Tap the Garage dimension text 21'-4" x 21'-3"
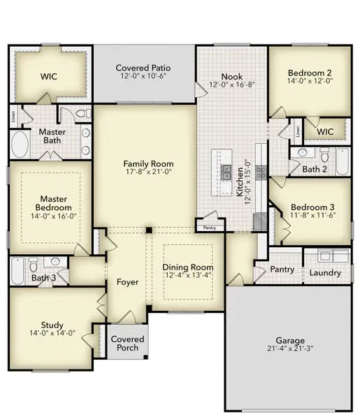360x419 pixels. coord(289,347)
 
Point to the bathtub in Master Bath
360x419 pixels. coord(20,147)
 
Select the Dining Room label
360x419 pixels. coord(187,267)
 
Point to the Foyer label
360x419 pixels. coord(127,282)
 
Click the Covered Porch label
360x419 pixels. coord(128,344)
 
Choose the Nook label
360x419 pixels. coord(231,76)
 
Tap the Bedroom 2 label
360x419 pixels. coord(309,73)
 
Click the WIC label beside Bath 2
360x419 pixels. coord(324,131)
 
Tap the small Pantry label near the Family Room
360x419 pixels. coord(210,228)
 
